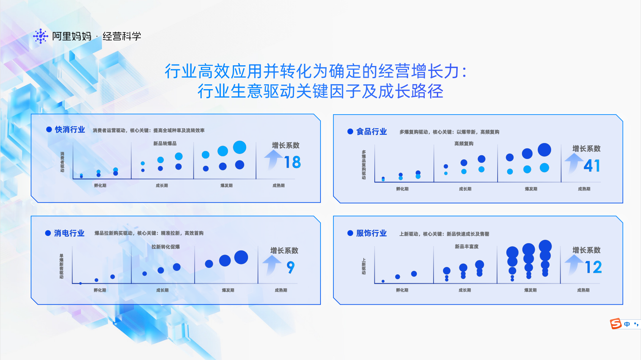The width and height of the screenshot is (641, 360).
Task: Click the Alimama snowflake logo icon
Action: (41, 36)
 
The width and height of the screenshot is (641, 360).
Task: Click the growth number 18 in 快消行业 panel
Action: (292, 162)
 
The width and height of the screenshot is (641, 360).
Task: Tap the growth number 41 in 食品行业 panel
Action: (592, 166)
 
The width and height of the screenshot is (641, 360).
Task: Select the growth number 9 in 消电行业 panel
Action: (291, 267)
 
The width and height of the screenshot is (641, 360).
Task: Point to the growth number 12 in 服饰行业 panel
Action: (593, 267)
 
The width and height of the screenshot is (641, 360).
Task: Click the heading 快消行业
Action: (70, 130)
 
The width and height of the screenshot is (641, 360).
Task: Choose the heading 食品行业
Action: (371, 132)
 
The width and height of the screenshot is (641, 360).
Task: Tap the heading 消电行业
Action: (69, 233)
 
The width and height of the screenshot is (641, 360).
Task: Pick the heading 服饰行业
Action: (371, 233)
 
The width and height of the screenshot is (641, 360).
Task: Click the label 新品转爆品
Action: (165, 143)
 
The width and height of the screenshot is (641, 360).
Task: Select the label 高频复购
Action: (464, 143)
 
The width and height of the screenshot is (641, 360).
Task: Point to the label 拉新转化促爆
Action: (166, 247)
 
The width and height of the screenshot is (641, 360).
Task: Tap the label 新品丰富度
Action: (467, 247)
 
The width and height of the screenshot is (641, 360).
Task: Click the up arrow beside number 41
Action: (574, 163)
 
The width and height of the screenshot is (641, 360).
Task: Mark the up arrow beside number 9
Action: (272, 265)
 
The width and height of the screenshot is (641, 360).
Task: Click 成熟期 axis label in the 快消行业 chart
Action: (278, 186)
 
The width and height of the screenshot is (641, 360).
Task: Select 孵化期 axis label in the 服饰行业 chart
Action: (402, 290)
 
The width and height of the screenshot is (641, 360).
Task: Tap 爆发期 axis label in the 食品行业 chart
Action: (531, 189)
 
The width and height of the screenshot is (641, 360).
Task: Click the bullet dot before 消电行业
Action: (48, 233)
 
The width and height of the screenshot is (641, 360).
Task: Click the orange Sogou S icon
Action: (616, 324)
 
